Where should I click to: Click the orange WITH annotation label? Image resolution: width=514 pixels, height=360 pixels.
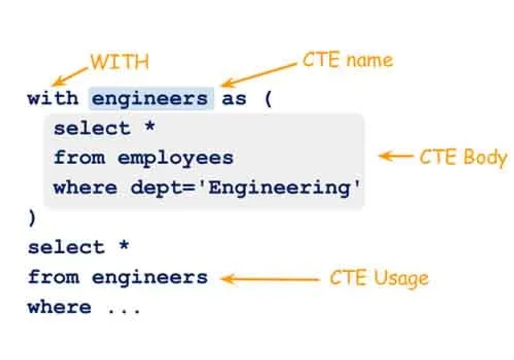pos(120,62)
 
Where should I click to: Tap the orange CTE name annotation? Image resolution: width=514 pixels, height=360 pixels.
pos(348,60)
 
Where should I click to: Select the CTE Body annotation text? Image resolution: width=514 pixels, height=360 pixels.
pos(463,157)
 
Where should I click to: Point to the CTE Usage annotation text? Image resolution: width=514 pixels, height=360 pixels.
pos(379,278)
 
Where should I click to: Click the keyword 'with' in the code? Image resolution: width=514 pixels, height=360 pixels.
pos(53,98)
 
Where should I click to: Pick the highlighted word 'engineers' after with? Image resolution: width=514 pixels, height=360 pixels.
pos(150,99)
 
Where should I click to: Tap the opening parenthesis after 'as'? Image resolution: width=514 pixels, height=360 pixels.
pos(268,99)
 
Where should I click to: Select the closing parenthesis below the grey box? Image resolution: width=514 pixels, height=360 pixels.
pos(31,219)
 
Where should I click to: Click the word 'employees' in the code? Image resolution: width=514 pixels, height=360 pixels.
pos(175,159)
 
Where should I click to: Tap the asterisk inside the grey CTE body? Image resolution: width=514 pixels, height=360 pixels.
pos(150,126)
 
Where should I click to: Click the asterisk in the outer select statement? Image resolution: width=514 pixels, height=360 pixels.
pos(124,245)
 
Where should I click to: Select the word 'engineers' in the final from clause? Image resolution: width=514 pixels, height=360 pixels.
pos(150,278)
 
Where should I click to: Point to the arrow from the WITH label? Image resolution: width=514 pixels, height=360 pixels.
pos(70,76)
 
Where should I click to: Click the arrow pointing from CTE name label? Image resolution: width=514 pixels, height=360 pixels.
pos(259,75)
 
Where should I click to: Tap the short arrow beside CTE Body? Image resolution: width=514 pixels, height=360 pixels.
pos(396,156)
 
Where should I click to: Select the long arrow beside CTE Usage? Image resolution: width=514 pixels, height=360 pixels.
pos(270,280)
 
